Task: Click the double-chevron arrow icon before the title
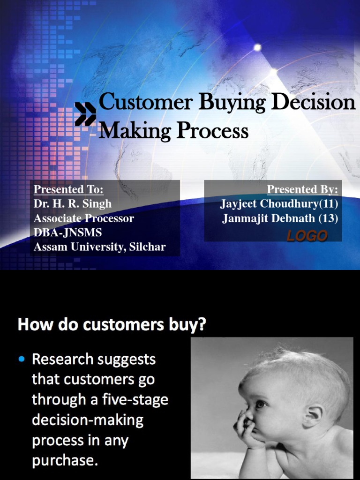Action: (85, 114)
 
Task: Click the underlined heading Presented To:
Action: (68, 189)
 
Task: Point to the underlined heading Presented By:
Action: (302, 189)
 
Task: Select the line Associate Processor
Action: (84, 218)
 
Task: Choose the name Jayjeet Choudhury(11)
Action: (279, 204)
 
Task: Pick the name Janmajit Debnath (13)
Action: (280, 218)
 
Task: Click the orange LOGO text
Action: (307, 236)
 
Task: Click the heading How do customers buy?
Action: (112, 325)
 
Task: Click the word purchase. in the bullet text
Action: (65, 461)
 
